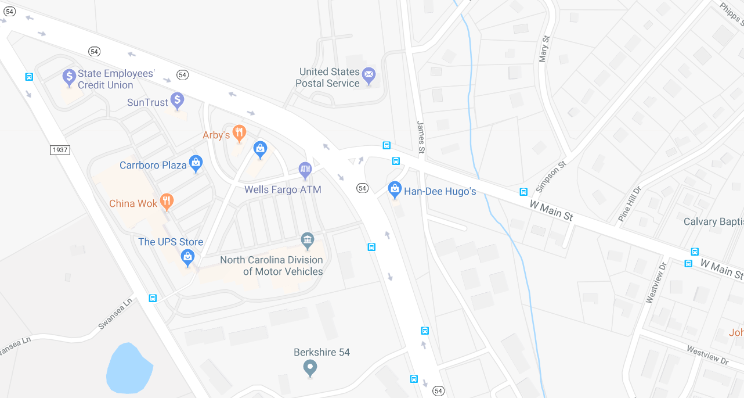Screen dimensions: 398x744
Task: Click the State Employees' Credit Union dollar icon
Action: pos(69,77)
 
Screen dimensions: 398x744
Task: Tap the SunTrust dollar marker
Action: pos(178,100)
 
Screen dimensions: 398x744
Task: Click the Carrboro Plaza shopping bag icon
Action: pos(196,163)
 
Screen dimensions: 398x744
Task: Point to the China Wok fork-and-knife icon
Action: pos(167,201)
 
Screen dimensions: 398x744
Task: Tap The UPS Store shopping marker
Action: pos(187,256)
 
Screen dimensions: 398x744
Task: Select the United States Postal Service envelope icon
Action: pos(369,74)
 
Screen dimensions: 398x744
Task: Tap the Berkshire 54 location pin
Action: pos(310,367)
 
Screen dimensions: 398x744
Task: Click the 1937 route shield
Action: pos(60,150)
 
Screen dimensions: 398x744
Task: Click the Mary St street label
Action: pos(544,48)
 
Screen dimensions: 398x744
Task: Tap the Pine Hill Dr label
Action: pos(630,203)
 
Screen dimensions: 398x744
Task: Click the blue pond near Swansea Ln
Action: pos(129,368)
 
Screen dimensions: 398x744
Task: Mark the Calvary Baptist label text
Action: pos(713,221)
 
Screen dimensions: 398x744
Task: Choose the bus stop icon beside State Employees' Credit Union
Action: pos(29,77)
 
